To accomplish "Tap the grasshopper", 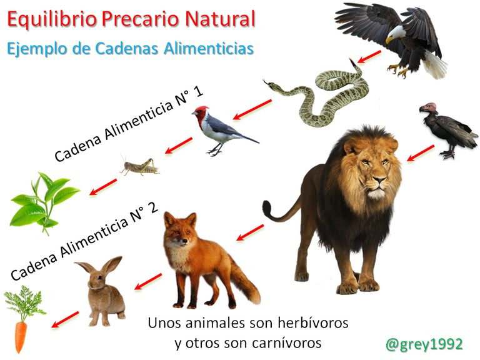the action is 140,166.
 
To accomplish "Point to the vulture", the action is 447,129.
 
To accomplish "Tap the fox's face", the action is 180,232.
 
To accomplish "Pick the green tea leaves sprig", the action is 44,202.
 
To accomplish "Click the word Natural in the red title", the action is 220,19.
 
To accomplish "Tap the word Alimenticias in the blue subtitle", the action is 209,48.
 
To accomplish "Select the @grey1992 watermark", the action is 424,344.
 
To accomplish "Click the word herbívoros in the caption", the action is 313,323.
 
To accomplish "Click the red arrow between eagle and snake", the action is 369,57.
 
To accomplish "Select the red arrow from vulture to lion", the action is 421,153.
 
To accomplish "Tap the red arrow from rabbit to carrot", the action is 65,319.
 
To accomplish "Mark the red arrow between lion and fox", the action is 250,232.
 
